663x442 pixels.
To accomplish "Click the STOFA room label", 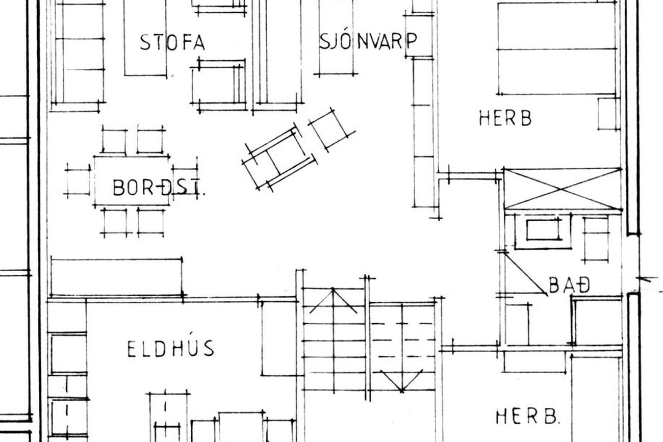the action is click(172, 42).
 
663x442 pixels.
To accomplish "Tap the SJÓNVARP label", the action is click(368, 41).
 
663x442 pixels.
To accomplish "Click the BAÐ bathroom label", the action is click(569, 285).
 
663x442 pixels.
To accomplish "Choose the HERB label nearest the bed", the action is click(505, 118).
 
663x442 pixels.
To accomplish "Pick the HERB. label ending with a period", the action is click(528, 417).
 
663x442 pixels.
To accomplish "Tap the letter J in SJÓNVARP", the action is click(333, 41).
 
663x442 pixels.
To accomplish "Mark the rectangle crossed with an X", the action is click(563, 189).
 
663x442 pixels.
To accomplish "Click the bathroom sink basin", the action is click(544, 230).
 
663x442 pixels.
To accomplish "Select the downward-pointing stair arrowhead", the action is click(402, 382).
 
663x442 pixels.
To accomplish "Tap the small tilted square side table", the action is click(331, 131).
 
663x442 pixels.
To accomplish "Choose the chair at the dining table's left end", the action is click(78, 181).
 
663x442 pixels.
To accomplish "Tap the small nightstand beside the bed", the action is click(608, 114).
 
